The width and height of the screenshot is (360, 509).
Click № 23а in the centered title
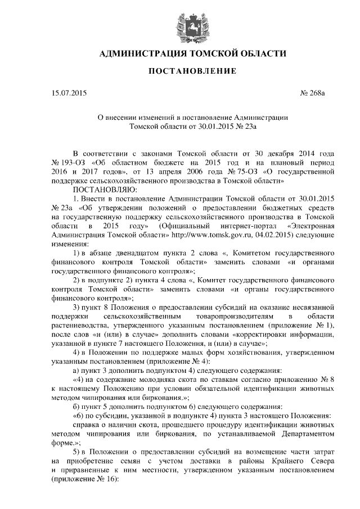click(x=245, y=127)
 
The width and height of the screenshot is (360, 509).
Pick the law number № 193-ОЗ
click(x=69, y=162)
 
